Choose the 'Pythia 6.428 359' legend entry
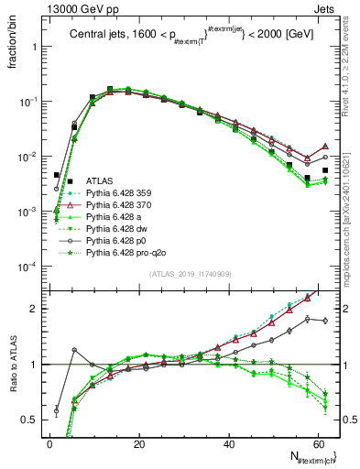pyautogui.click(x=120, y=194)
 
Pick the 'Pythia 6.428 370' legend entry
pyautogui.click(x=120, y=206)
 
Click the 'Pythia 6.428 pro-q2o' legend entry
pyautogui.click(x=126, y=254)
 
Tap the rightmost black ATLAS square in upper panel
pyautogui.click(x=325, y=169)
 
